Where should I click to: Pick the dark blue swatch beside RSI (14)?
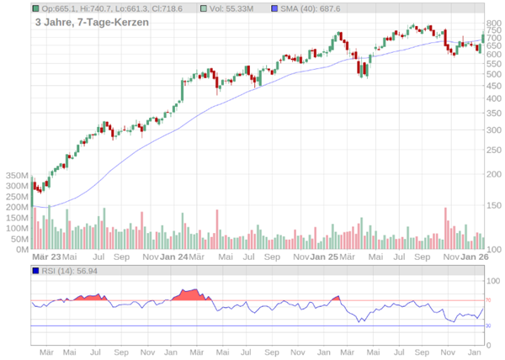point(35,271)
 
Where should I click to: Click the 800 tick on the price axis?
point(493,24)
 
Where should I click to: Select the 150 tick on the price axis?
point(493,205)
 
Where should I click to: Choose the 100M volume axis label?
point(17,228)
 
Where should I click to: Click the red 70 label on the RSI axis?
point(487,300)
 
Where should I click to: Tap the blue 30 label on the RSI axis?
point(487,326)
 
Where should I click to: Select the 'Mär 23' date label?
point(46,257)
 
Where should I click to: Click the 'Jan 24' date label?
point(173,257)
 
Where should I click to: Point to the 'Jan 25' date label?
point(323,257)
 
